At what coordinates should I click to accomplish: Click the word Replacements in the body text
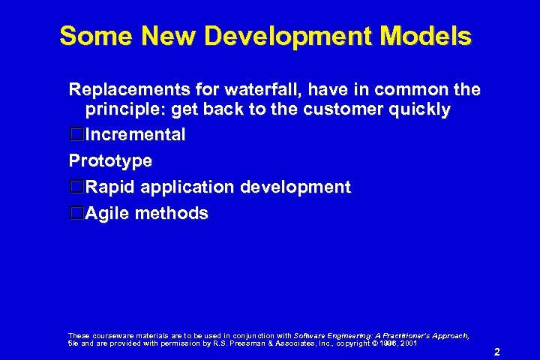click(127, 90)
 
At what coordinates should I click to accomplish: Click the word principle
click(124, 110)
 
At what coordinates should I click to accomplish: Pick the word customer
click(352, 110)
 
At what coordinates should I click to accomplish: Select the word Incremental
click(136, 136)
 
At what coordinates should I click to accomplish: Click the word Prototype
click(110, 161)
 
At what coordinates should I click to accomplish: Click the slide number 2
click(496, 351)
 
